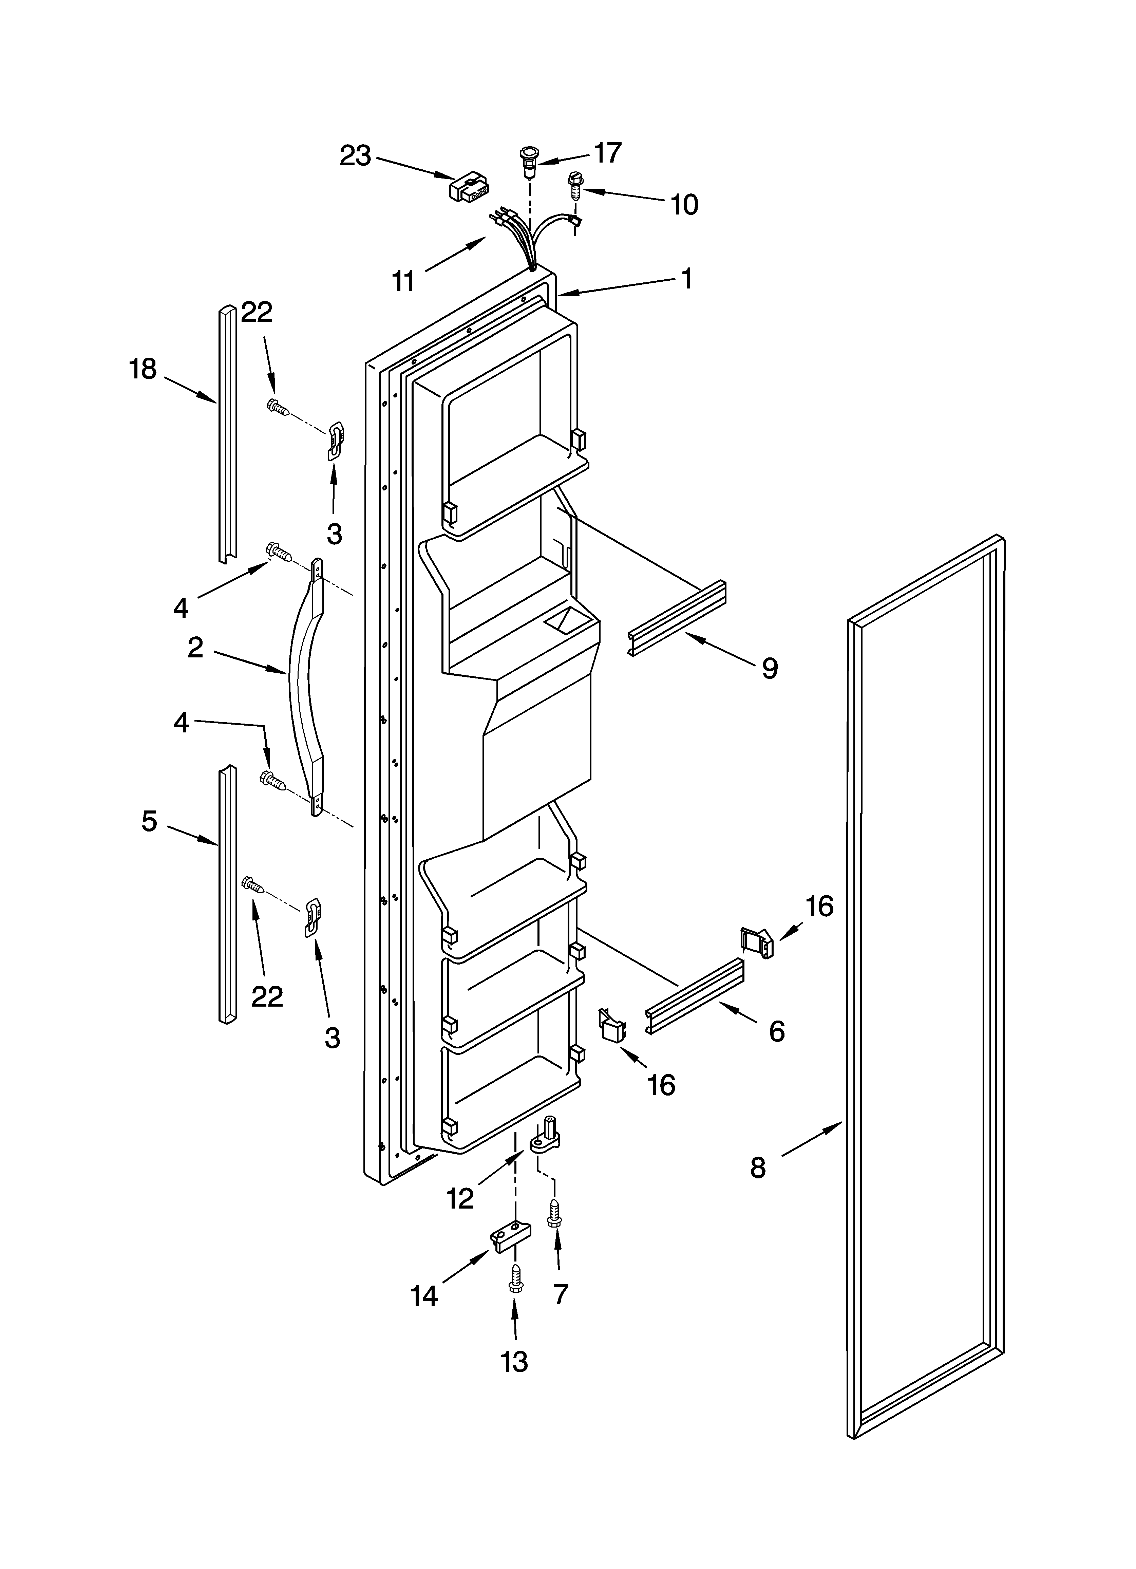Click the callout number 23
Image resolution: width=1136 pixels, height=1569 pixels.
click(x=355, y=156)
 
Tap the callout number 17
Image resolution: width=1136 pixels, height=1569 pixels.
click(x=607, y=153)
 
